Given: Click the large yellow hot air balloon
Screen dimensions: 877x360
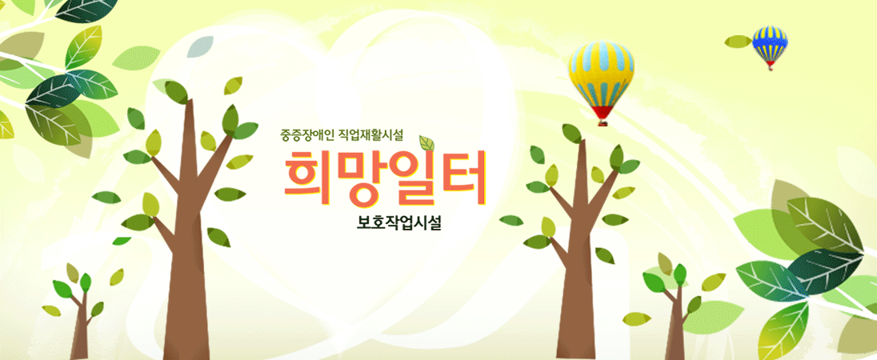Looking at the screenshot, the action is pos(601,78).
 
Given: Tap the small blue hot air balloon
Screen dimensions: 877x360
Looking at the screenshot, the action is pos(770,45).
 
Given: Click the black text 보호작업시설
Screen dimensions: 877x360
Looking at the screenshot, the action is pos(399,223).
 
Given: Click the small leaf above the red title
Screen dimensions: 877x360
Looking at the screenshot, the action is pos(427,143).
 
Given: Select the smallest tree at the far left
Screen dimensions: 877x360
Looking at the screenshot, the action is pos(79,313).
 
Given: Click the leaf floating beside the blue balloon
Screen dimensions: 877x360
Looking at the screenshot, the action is pos(739,42).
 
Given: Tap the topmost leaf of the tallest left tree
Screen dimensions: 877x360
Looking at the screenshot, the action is pos(177,92).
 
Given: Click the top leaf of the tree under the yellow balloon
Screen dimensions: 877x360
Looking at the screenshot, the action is pos(571,133).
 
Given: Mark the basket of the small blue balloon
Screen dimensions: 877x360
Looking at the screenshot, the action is pos(771,67).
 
